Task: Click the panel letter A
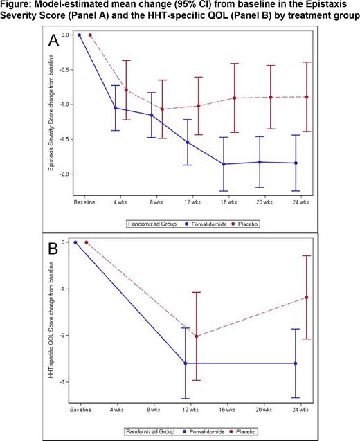pos(53,41)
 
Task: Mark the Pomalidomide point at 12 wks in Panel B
pos(186,363)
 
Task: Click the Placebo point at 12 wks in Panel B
pos(196,336)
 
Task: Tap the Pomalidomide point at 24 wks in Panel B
pos(296,363)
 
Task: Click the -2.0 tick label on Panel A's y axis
pos(67,174)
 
